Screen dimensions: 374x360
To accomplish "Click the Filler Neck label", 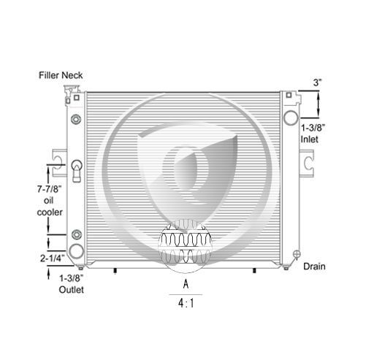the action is coord(61,75).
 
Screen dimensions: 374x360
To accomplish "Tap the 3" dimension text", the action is coord(317,83).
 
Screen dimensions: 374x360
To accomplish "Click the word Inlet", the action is coord(309,139).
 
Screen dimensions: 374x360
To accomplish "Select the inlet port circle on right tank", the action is coord(291,118).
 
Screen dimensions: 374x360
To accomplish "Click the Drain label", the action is coord(314,267).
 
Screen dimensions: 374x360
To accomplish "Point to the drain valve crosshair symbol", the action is coord(297,254).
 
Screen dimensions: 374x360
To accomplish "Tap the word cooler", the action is coord(50,212).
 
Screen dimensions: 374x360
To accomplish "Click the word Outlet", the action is coord(72,290).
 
